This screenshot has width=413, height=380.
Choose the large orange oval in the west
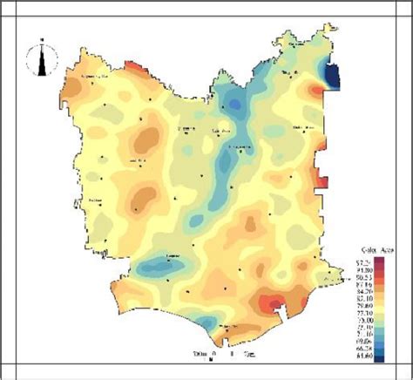pyautogui.click(x=147, y=138)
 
